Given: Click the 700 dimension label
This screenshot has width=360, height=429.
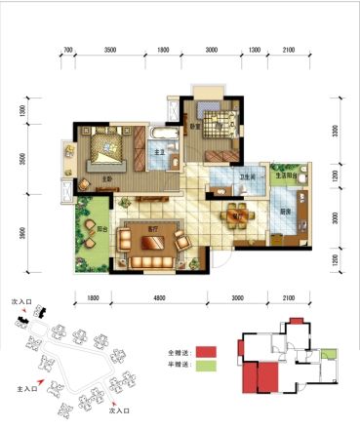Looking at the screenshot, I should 67,48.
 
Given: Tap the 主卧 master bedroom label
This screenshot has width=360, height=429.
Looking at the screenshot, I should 104,178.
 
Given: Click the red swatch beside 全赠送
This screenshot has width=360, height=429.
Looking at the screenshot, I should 204,350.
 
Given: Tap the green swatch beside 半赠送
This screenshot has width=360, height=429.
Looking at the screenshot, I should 204,367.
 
